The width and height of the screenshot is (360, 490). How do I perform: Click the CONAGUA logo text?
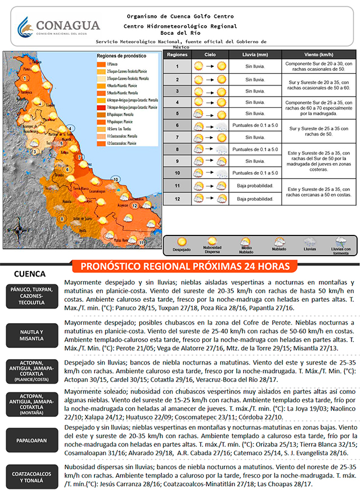(x=67, y=25)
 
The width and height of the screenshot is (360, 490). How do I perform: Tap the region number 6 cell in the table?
(x=177, y=125)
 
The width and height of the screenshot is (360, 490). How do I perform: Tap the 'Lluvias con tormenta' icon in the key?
(x=340, y=241)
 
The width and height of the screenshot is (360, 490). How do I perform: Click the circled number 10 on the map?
(x=115, y=179)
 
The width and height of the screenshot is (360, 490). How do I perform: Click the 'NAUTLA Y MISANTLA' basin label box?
(x=31, y=336)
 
